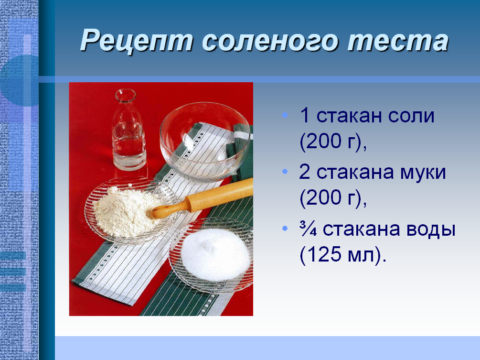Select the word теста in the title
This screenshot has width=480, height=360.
click(397, 41)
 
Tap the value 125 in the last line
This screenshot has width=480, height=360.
click(325, 256)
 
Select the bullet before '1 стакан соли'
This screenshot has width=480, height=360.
click(285, 116)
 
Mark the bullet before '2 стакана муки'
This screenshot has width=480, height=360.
click(285, 172)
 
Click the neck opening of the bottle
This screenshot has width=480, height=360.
click(125, 95)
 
